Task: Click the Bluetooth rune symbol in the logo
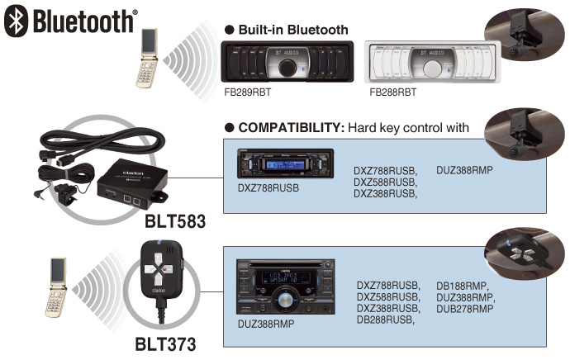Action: (x=16, y=21)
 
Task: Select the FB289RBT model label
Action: (x=248, y=92)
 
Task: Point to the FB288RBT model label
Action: (x=393, y=92)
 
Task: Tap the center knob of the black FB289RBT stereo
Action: (x=287, y=68)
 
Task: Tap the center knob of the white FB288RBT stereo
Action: (x=433, y=68)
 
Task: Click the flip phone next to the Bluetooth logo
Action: (x=148, y=58)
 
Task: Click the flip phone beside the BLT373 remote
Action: (x=56, y=287)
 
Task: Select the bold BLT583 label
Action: (x=175, y=221)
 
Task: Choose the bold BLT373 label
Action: (x=165, y=344)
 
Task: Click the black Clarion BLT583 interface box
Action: (x=131, y=184)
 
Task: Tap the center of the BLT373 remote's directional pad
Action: (x=159, y=269)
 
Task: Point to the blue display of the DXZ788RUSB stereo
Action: (x=285, y=164)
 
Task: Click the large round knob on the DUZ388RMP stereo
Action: (x=285, y=300)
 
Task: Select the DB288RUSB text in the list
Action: (x=385, y=320)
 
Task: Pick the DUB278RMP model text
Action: (x=465, y=309)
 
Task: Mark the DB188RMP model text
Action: (x=463, y=286)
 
